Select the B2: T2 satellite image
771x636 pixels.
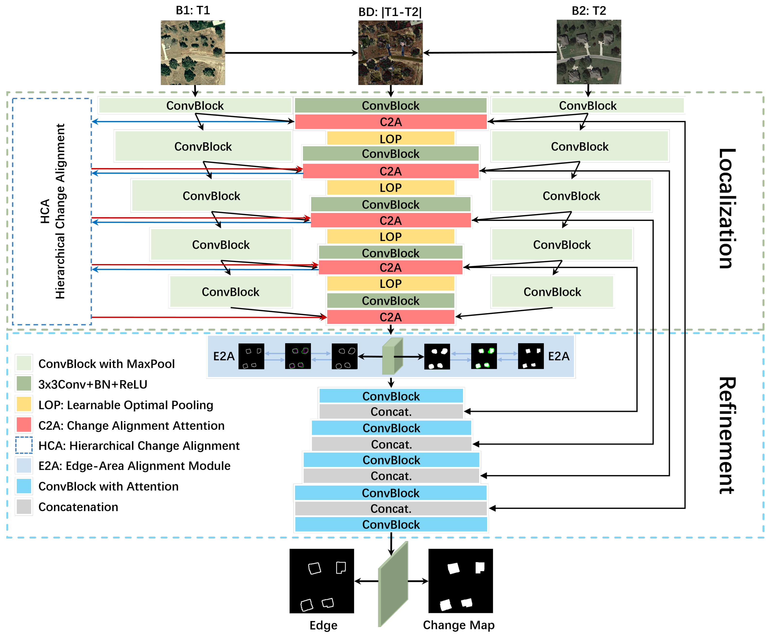coord(589,52)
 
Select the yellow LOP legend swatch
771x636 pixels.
coord(24,404)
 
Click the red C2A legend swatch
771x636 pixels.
coord(24,425)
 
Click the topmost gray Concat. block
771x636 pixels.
coord(391,412)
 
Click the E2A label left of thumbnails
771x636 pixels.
coord(223,356)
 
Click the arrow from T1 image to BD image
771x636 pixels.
coord(291,53)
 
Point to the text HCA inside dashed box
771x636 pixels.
coord(45,211)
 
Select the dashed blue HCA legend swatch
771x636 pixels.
coord(24,445)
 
